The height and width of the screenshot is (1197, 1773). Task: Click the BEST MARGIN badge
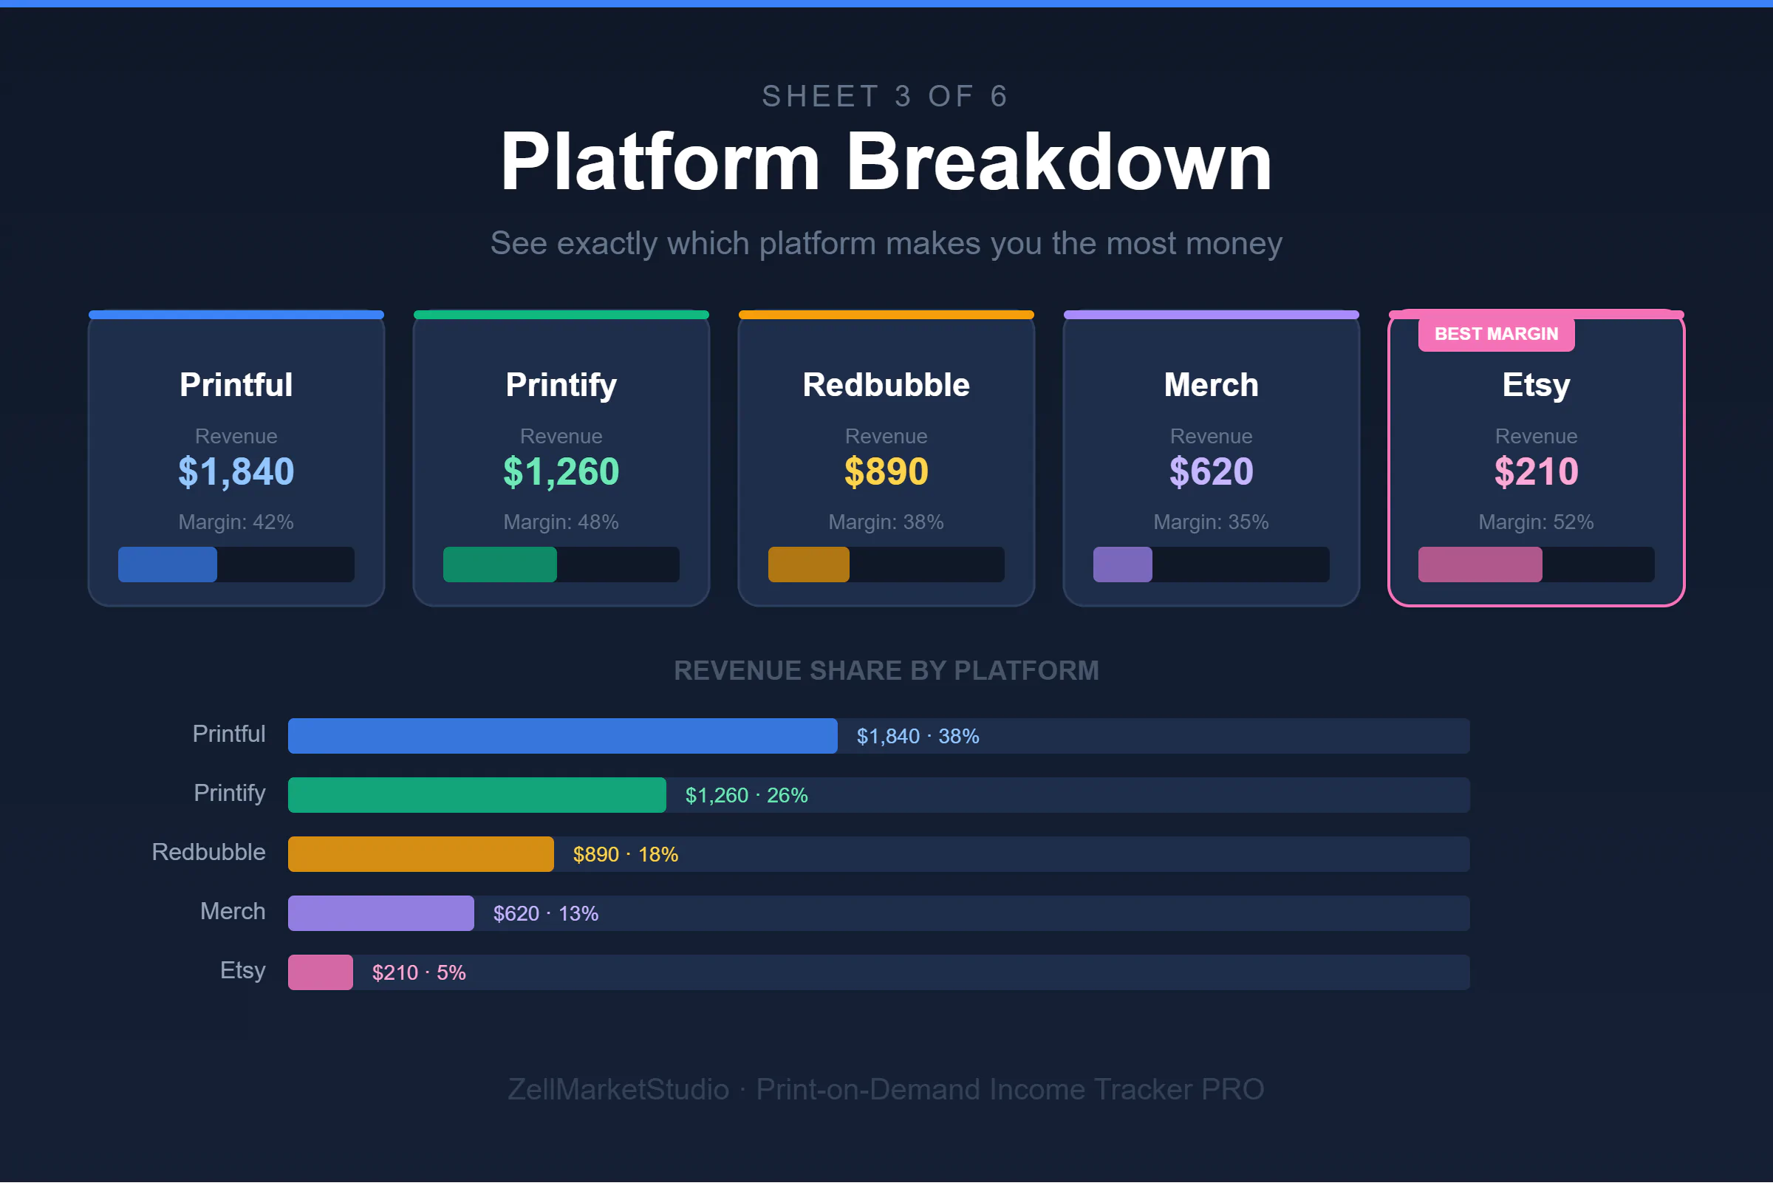[x=1495, y=334]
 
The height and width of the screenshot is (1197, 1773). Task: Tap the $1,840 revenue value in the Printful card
[x=236, y=471]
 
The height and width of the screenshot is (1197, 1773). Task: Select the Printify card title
[x=561, y=385]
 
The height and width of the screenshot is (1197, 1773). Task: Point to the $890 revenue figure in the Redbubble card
[x=886, y=471]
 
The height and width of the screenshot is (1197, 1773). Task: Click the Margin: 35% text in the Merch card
[x=1211, y=522]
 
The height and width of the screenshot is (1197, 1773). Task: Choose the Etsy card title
[x=1536, y=385]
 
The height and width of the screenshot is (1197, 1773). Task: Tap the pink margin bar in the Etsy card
[x=1479, y=565]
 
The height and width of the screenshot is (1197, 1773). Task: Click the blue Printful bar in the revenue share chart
[x=562, y=736]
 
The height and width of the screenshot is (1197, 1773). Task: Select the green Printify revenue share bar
[x=476, y=795]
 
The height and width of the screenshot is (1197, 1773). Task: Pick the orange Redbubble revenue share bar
[x=420, y=854]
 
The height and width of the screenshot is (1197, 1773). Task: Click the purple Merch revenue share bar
[x=380, y=913]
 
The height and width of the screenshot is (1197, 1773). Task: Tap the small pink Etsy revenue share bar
[x=321, y=972]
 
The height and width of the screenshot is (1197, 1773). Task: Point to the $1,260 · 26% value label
[x=746, y=796]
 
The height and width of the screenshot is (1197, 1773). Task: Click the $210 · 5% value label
[x=419, y=972]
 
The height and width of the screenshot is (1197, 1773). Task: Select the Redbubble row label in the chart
[x=208, y=852]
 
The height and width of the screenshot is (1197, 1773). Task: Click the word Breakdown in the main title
[x=1059, y=162]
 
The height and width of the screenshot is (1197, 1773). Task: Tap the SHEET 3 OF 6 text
[x=886, y=97]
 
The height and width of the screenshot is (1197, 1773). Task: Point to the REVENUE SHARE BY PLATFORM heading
[x=886, y=671]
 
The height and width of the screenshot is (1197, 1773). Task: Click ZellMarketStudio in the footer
[x=618, y=1089]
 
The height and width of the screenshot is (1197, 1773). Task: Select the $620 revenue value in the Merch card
[x=1211, y=471]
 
